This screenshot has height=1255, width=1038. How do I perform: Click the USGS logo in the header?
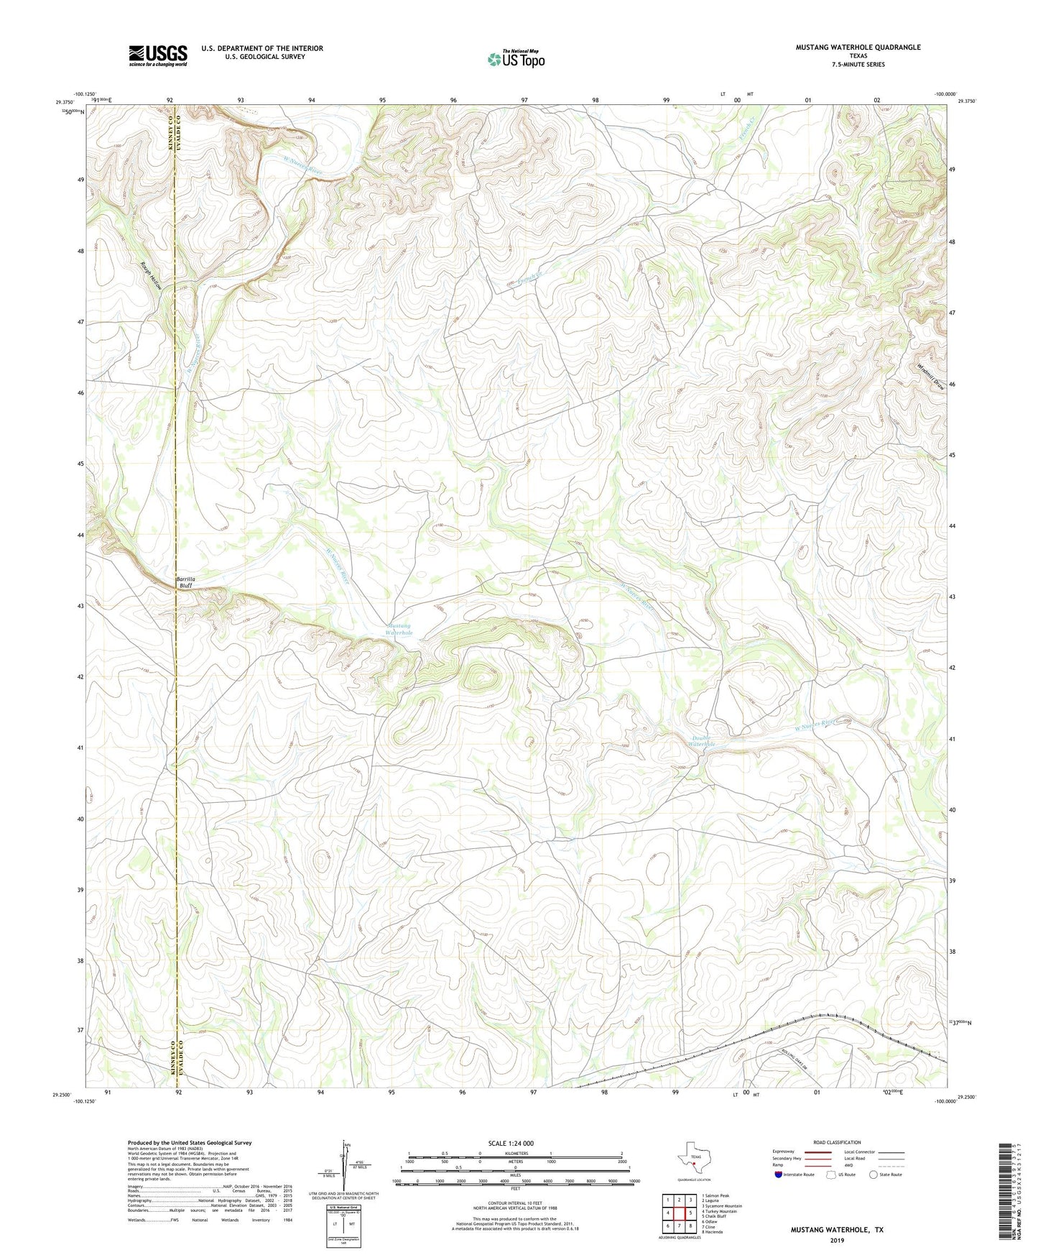click(157, 55)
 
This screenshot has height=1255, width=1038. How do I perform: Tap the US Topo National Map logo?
click(516, 59)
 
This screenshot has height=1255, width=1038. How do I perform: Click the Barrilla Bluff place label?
click(185, 582)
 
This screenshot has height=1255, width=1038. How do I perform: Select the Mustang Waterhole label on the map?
click(399, 629)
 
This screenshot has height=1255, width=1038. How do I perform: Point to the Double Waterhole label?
click(701, 740)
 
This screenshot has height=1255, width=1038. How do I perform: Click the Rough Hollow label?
click(152, 274)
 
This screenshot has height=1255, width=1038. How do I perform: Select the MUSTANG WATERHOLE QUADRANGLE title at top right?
click(858, 47)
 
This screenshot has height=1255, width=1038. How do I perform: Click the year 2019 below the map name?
click(837, 1240)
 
